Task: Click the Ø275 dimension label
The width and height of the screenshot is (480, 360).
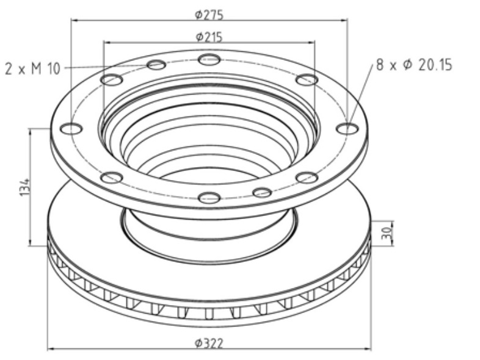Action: click(209, 15)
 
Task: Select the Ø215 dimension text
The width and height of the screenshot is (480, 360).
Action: click(209, 37)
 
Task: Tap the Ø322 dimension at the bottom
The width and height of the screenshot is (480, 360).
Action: click(209, 343)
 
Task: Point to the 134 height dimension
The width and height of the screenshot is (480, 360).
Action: click(25, 187)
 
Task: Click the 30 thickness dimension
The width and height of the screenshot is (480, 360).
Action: click(387, 232)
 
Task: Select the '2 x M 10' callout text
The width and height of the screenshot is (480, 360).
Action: click(32, 68)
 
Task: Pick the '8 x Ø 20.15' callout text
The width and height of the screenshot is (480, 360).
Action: click(414, 65)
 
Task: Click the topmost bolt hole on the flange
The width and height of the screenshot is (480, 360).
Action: click(209, 59)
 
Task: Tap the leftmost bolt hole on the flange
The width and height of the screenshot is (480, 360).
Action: click(71, 129)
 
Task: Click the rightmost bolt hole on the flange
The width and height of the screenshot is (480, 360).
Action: click(347, 129)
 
